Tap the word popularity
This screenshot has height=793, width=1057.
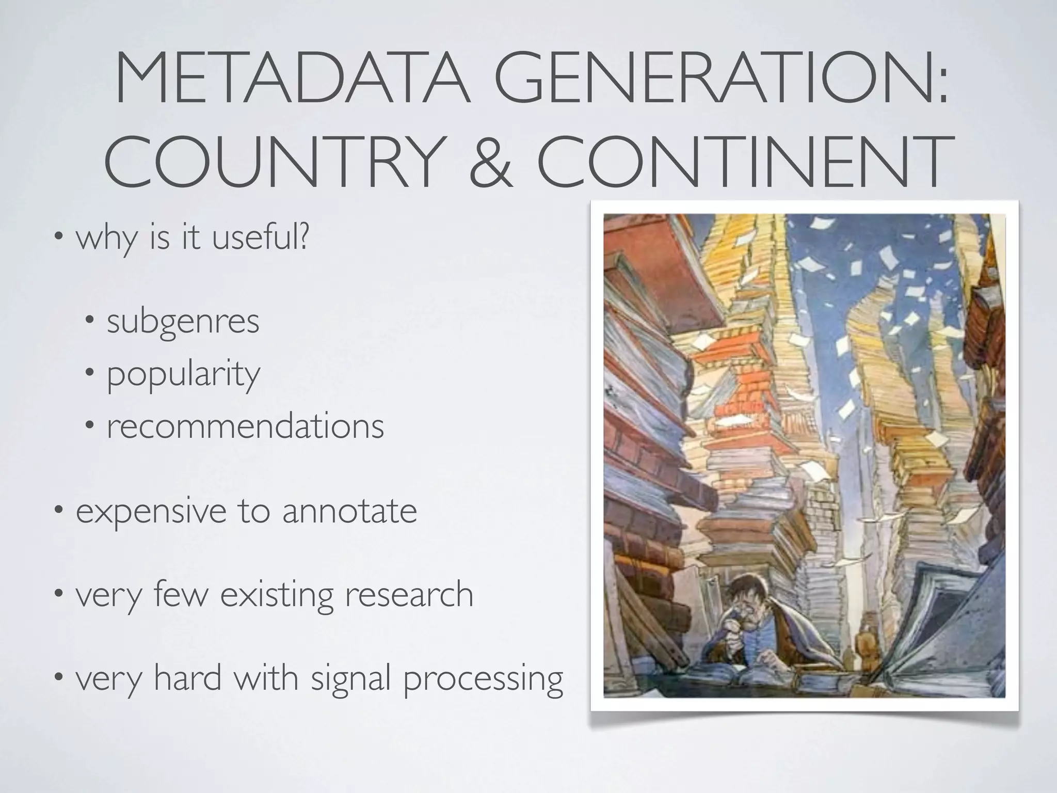[x=183, y=375]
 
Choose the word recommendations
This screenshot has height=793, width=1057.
[x=245, y=426]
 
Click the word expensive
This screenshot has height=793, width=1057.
[x=150, y=512]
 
